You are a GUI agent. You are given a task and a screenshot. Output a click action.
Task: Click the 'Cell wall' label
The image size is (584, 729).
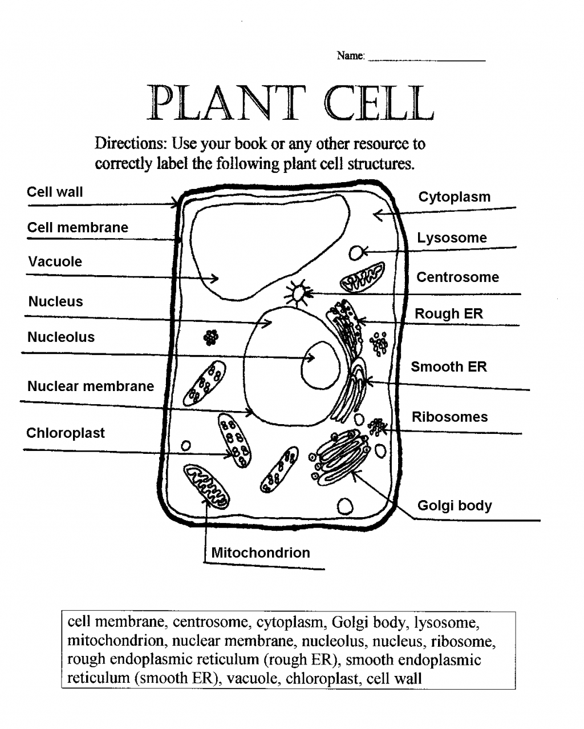click(x=55, y=192)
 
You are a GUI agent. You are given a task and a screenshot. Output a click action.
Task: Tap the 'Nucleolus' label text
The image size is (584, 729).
click(x=61, y=337)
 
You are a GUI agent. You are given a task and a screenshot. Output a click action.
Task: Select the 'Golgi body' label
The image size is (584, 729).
click(x=455, y=506)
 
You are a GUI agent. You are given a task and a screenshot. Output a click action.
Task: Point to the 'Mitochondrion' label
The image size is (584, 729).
click(x=261, y=553)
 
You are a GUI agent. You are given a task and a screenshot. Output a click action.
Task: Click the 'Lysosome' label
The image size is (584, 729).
click(x=452, y=238)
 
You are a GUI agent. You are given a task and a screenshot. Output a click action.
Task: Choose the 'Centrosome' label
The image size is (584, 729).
click(x=457, y=277)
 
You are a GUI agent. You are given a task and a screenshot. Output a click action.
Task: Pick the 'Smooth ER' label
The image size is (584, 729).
click(x=449, y=367)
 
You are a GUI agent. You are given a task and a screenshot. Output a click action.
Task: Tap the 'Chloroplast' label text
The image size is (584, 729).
click(x=66, y=433)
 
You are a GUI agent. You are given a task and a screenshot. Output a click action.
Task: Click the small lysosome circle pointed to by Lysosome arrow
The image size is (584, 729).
click(x=356, y=252)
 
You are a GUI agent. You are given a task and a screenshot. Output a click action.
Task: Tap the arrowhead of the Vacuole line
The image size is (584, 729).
click(x=215, y=279)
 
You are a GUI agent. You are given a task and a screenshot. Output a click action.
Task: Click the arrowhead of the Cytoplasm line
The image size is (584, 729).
click(x=376, y=215)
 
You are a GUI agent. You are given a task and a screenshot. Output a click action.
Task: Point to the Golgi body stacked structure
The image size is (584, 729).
click(x=341, y=457)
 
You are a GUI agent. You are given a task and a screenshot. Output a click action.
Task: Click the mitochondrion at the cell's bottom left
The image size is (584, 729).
click(x=206, y=486)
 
